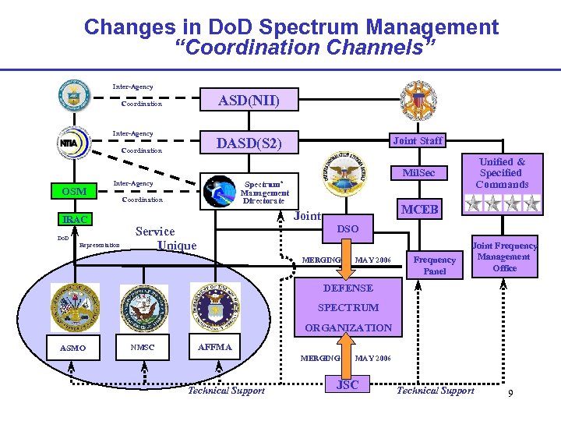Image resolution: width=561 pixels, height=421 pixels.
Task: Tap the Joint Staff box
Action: click(x=418, y=140)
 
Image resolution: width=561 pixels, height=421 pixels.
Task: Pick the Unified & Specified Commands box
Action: click(x=501, y=173)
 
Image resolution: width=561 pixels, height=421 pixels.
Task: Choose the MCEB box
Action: click(x=419, y=210)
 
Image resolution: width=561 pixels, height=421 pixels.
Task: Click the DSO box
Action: click(x=348, y=228)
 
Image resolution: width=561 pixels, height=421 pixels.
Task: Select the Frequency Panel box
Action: click(x=435, y=265)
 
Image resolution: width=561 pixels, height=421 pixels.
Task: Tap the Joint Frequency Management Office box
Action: click(x=504, y=256)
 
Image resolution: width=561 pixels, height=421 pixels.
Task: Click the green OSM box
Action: click(x=70, y=191)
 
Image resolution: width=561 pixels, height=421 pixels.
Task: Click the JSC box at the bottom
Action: click(x=347, y=385)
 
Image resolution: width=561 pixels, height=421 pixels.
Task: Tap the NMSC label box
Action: click(x=142, y=347)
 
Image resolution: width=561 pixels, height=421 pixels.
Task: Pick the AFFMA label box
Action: click(x=215, y=347)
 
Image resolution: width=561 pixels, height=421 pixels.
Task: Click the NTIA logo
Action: click(x=74, y=143)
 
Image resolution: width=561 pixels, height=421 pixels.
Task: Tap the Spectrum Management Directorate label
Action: click(x=264, y=189)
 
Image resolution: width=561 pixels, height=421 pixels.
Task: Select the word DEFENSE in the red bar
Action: click(x=348, y=288)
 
